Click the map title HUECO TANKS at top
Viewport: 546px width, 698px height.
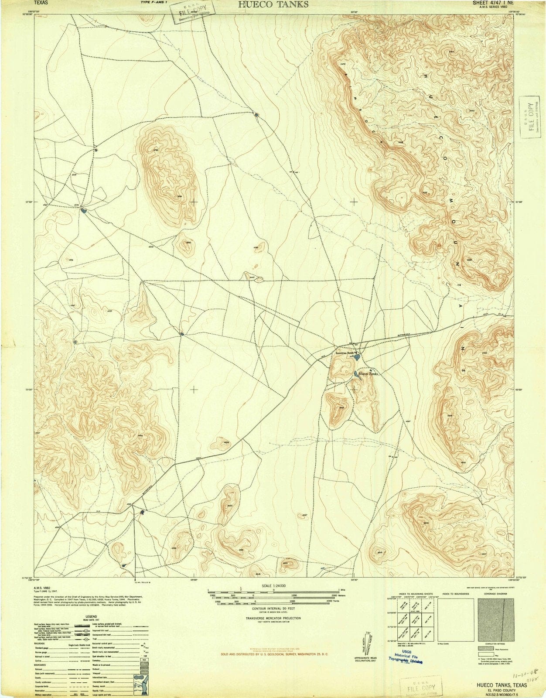273,4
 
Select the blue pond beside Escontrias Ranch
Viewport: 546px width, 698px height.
357,358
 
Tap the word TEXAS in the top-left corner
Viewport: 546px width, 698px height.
41,3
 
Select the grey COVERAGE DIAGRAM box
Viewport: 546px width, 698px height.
496,619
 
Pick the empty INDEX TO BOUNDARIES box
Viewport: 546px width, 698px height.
455,619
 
